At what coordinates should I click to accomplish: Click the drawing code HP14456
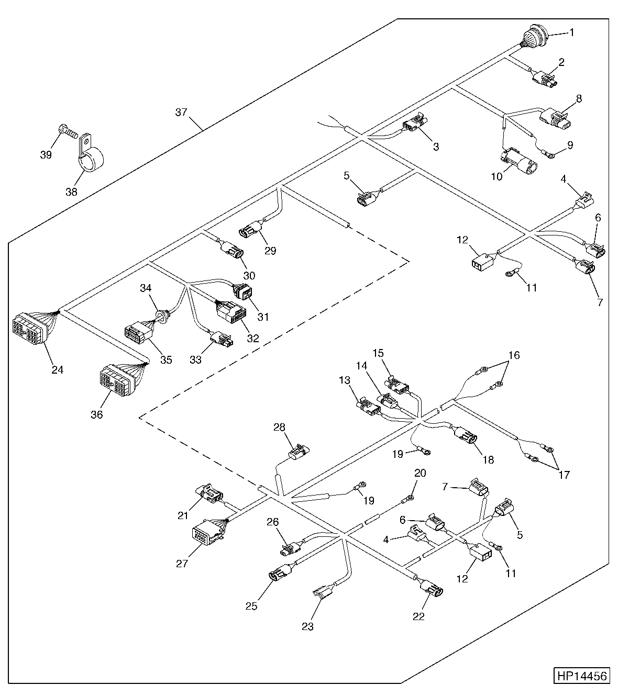[581, 676]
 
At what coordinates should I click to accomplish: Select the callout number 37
[181, 112]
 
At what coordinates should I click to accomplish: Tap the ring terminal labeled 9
[549, 155]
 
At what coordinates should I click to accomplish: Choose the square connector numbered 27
[207, 531]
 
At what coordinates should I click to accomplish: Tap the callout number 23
[307, 626]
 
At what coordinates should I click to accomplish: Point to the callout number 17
[564, 475]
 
